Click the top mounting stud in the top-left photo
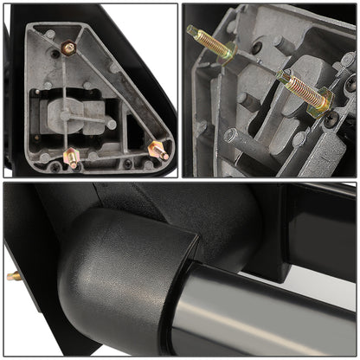pyautogui.click(x=67, y=48)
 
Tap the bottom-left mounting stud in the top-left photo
pyautogui.click(x=72, y=157)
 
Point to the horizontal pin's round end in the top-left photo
pyautogui.click(x=110, y=124)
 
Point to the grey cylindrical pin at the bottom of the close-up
pyautogui.click(x=232, y=136)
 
